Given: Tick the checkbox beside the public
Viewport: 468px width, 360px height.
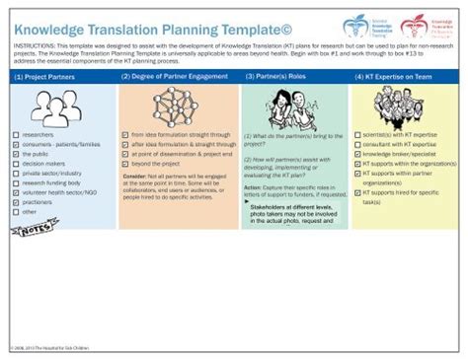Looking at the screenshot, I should [15, 153].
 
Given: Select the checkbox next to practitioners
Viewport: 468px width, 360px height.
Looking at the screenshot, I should [15, 201].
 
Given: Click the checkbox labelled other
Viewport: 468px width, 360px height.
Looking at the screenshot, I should [15, 211].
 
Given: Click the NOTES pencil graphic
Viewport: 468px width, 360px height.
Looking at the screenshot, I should [29, 229].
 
